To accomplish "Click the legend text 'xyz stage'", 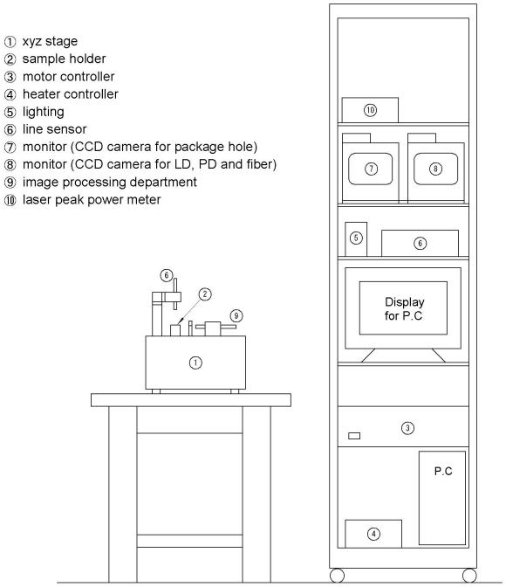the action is [50, 41].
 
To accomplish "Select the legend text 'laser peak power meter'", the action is [92, 199].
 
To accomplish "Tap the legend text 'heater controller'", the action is [71, 94].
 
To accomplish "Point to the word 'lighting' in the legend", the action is [44, 112].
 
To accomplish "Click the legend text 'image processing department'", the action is [110, 182].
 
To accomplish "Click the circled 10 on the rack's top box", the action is [370, 110].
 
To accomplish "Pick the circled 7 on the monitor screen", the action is [371, 169].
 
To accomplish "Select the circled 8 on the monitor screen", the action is [435, 169].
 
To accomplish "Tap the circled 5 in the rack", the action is [356, 238].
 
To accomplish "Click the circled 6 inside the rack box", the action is [420, 244].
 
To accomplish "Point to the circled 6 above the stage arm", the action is [167, 275].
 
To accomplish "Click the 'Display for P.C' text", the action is [404, 309].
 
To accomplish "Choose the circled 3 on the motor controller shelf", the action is [407, 428].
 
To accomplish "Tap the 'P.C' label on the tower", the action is [443, 471].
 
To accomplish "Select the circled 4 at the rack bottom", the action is [373, 534].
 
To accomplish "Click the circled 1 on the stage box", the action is [195, 363].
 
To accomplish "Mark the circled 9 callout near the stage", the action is [236, 315].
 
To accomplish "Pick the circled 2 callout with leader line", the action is [204, 294].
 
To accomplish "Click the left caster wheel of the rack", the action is [337, 576].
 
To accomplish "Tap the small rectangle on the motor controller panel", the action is [354, 436].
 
